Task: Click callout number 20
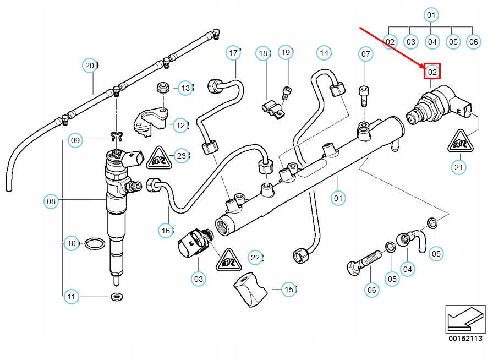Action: coord(90,66)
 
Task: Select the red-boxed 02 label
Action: coord(432,72)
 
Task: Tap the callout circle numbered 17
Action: coord(234,53)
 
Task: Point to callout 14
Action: coord(324,53)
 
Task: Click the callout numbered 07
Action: coord(365,53)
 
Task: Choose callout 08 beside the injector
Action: coord(51,202)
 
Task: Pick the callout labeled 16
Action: coord(166,231)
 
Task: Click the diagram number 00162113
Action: coord(464,339)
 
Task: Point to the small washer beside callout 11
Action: coord(116,297)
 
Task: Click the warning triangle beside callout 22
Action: coord(227,259)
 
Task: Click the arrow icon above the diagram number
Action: coord(464,319)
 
